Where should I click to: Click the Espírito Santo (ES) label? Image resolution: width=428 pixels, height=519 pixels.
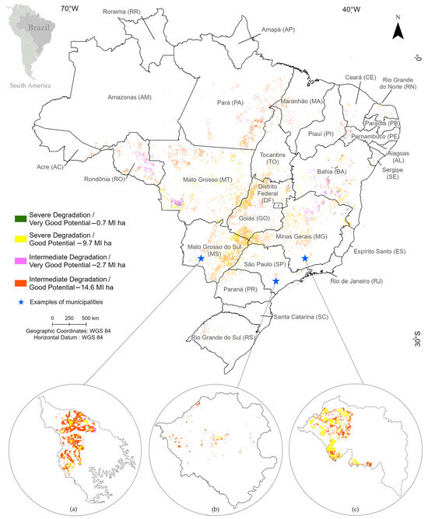click(378, 252)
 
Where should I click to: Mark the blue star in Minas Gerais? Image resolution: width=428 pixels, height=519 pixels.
click(305, 258)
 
